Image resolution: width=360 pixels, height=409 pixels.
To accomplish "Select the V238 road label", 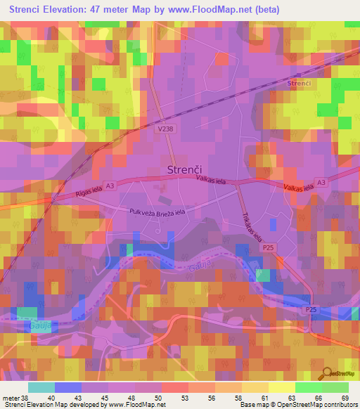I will [x=166, y=129].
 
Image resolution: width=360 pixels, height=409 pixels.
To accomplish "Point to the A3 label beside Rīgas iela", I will [x=110, y=184].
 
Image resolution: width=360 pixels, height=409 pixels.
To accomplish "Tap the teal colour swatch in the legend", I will [x=41, y=387].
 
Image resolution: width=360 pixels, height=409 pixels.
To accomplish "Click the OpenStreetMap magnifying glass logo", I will [x=327, y=373].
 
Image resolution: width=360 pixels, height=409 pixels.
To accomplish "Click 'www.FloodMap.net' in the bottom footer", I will [x=136, y=405].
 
